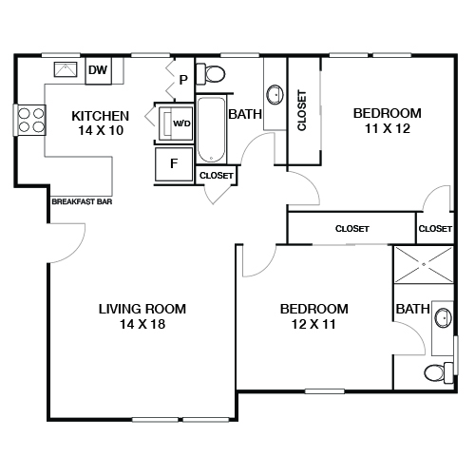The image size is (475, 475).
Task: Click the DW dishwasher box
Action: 97,69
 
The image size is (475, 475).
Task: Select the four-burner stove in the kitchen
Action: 29,120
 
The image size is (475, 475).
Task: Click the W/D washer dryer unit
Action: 177,123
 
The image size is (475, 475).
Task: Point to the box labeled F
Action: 174,163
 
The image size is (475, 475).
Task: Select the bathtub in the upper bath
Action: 210,129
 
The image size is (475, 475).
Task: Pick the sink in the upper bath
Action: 275,94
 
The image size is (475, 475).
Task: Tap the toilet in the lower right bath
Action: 438,371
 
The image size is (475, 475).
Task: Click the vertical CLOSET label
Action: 302,111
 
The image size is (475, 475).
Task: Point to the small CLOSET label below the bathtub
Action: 217,175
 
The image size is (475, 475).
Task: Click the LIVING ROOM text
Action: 142,309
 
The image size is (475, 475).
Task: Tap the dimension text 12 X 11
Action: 313,325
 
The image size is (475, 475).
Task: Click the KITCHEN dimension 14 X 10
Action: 100,131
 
